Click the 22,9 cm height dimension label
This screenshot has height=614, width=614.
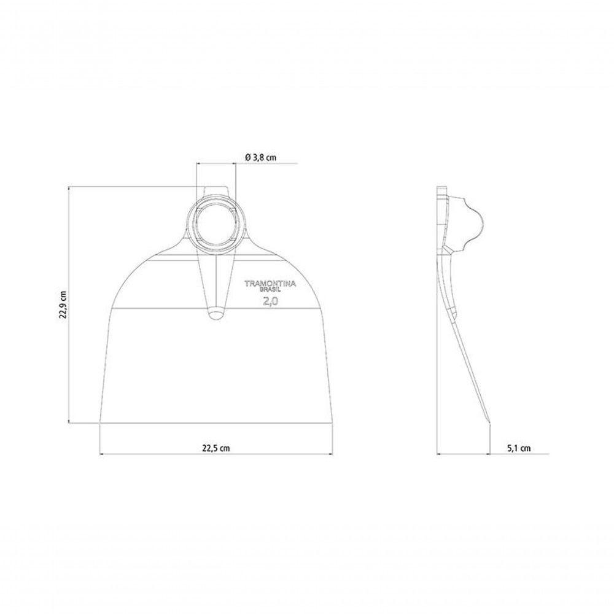click(x=63, y=305)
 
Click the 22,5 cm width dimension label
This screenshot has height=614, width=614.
click(x=216, y=448)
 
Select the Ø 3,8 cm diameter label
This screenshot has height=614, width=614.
click(x=261, y=157)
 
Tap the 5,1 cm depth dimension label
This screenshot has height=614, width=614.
click(x=519, y=448)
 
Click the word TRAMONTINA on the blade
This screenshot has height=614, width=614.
click(x=270, y=284)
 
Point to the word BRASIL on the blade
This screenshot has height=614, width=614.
click(x=271, y=290)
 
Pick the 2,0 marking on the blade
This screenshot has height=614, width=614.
click(x=271, y=301)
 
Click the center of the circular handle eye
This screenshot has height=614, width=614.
click(x=216, y=227)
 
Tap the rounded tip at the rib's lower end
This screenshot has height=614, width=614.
click(x=216, y=314)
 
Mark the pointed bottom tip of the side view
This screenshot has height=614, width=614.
click(x=489, y=423)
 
